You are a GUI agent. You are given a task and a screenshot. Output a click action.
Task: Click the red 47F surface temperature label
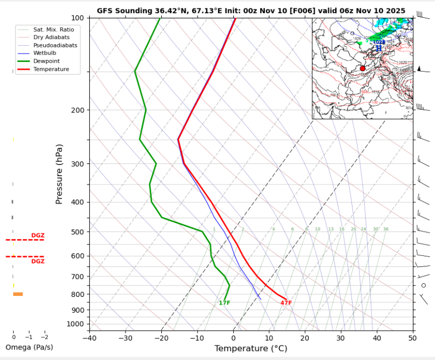286,303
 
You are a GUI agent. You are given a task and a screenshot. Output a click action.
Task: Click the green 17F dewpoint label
224,303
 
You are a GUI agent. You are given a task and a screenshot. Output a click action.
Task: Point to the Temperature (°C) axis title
251,348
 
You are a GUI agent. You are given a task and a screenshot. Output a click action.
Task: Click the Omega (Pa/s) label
29,347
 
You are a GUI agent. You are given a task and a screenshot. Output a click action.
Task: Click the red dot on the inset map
362,69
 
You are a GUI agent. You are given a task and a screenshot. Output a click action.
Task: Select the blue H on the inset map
378,48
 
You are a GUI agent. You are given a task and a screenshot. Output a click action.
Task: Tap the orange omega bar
18,294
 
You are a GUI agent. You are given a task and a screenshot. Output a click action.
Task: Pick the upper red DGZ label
38,235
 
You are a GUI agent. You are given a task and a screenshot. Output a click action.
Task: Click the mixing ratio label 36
386,229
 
